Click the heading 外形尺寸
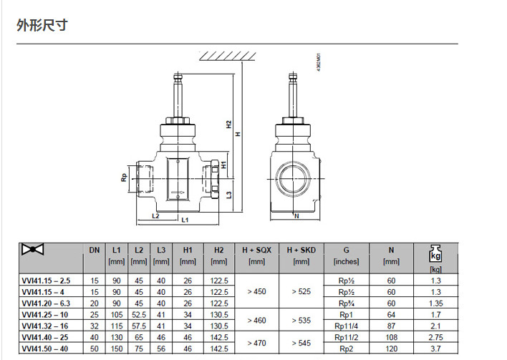click(x=42, y=25)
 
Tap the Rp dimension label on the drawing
click(x=124, y=177)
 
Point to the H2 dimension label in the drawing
click(x=229, y=125)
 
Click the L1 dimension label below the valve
click(x=185, y=220)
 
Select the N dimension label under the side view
click(x=296, y=216)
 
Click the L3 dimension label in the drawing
click(x=229, y=195)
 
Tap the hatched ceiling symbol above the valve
click(x=227, y=57)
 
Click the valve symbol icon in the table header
click(x=32, y=250)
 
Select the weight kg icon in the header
click(x=435, y=253)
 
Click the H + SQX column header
click(x=257, y=250)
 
